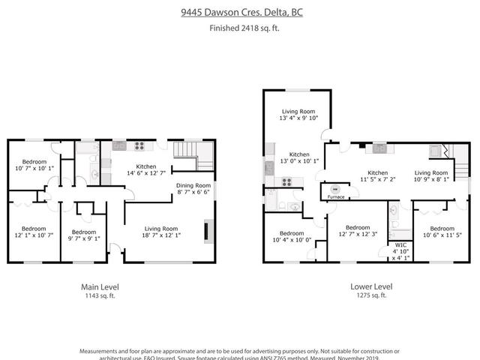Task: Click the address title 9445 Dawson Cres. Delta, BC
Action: (240, 13)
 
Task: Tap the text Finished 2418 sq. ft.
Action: (240, 28)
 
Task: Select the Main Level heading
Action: (100, 286)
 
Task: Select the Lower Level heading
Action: (370, 286)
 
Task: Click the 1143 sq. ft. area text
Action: (100, 295)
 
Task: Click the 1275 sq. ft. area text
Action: (370, 295)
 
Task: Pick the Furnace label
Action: (335, 196)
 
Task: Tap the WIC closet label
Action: (400, 248)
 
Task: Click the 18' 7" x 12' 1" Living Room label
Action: (161, 232)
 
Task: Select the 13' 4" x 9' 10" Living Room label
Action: (289, 112)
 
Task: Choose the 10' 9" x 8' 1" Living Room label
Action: (431, 175)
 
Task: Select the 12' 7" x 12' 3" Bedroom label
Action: (358, 232)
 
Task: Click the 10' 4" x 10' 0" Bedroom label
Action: (290, 236)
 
